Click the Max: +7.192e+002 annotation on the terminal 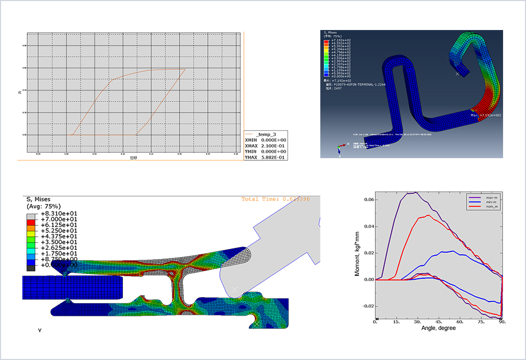[486, 115]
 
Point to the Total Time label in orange [276, 199]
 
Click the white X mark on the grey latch [235, 289]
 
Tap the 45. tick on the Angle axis [438, 322]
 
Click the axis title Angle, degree [438, 328]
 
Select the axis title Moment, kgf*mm [358, 253]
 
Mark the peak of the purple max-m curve [416, 193]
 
